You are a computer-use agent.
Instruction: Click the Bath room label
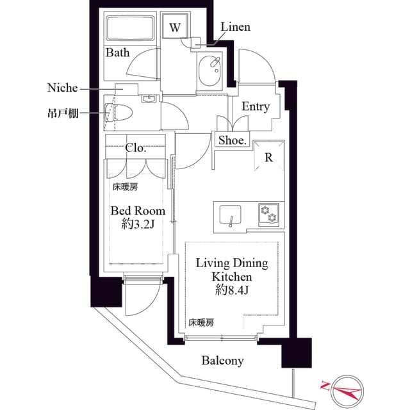point(117,53)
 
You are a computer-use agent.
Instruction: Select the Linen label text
point(235,27)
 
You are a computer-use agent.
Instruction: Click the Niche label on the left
point(63,87)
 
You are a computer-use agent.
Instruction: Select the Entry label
point(255,107)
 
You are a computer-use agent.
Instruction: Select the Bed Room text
point(138,210)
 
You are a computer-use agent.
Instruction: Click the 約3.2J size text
point(138,224)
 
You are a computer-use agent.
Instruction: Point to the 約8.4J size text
point(231,291)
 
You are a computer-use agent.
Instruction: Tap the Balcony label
point(222,361)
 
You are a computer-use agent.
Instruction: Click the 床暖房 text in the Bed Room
point(126,187)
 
